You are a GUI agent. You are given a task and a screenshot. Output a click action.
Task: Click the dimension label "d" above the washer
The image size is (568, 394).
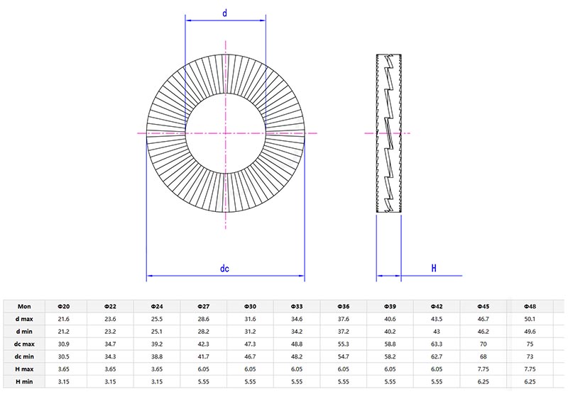click(224, 13)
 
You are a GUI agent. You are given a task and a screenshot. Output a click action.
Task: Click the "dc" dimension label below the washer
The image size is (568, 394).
click(224, 269)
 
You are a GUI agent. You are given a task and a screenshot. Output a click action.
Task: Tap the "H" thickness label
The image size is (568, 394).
click(432, 269)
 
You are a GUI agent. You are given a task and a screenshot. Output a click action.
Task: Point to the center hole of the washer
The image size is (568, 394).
click(225, 133)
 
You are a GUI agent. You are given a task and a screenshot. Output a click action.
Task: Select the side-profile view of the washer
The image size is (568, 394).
click(388, 133)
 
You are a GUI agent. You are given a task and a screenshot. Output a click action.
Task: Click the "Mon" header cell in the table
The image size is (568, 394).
click(24, 306)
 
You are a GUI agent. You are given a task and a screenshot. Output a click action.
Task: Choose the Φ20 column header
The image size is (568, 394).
click(62, 306)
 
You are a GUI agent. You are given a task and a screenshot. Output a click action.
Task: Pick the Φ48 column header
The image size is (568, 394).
click(529, 306)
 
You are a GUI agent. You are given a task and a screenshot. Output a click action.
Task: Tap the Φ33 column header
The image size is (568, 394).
click(297, 306)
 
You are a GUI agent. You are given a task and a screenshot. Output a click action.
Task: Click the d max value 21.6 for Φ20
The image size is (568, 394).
click(62, 319)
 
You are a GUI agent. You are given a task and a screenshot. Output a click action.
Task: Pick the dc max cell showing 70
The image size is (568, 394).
click(483, 344)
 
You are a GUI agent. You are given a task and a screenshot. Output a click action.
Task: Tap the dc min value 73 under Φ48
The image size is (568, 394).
click(529, 356)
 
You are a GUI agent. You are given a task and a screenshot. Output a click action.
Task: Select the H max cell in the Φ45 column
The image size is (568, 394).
click(483, 369)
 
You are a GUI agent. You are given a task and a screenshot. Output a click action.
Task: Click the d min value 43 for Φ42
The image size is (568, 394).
click(436, 332)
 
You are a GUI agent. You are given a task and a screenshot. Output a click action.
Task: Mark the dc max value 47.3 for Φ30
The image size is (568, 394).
click(250, 344)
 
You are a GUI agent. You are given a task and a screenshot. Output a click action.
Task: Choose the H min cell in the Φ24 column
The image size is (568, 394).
click(157, 382)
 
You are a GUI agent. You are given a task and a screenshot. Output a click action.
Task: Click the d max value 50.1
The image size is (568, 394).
click(529, 319)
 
